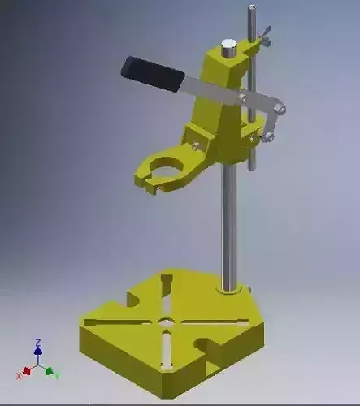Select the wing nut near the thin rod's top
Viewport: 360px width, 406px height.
click(265, 37)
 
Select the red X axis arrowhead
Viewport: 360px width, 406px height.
click(25, 370)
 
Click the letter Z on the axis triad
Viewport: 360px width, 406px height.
click(37, 342)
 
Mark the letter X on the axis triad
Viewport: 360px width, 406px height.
click(18, 376)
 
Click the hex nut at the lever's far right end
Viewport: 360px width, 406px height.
click(280, 106)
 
